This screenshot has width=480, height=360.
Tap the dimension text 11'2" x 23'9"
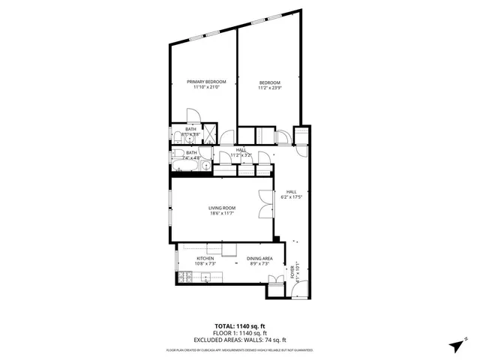[x=270, y=88]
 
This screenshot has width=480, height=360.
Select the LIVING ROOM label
[x=222, y=208]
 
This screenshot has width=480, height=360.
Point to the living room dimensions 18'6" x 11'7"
[x=222, y=214]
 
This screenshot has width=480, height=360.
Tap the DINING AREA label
[x=259, y=259]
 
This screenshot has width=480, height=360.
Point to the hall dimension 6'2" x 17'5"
[x=291, y=197]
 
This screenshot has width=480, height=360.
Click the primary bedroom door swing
[x=192, y=115]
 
